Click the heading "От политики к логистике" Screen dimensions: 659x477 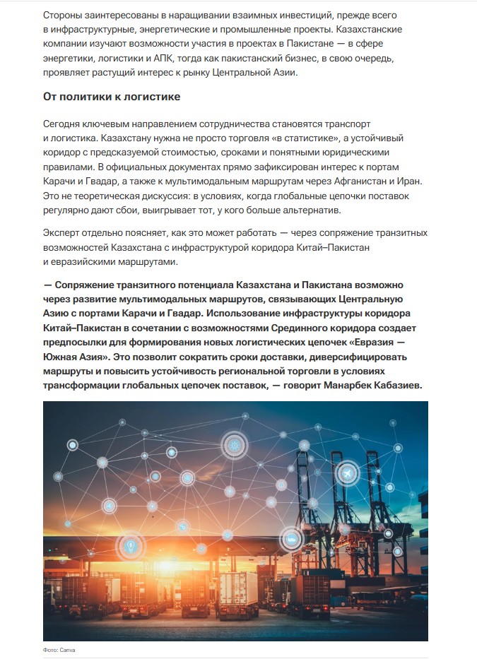(112, 96)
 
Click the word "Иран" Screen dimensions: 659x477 (416, 180)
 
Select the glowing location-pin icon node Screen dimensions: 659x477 (130, 546)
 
